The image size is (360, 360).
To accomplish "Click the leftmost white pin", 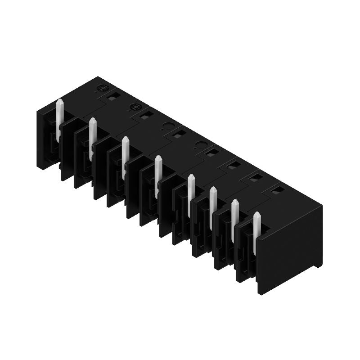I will click(59, 119).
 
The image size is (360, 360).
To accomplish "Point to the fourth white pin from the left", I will click(158, 175).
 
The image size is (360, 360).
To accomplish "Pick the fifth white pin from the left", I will click(191, 191).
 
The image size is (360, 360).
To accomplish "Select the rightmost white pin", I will click(257, 232).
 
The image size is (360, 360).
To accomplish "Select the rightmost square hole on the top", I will click(278, 191).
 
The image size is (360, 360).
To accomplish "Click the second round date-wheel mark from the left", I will click(135, 107).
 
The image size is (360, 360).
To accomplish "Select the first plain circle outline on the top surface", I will click(167, 126).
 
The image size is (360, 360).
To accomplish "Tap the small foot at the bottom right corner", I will click(319, 265).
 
